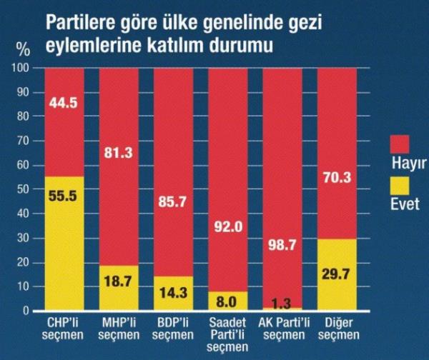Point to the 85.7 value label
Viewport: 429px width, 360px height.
click(173, 201)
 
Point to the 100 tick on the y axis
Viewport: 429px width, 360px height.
click(23, 69)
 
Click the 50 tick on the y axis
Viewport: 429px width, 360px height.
click(25, 190)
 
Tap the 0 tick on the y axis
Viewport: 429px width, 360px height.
click(28, 311)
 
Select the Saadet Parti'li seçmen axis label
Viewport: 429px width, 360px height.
click(228, 334)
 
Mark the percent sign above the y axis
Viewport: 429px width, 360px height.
click(24, 51)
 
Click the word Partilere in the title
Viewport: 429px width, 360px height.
click(82, 23)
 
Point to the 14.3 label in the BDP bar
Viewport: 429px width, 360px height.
click(173, 293)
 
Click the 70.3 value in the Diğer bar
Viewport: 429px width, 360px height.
click(337, 179)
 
